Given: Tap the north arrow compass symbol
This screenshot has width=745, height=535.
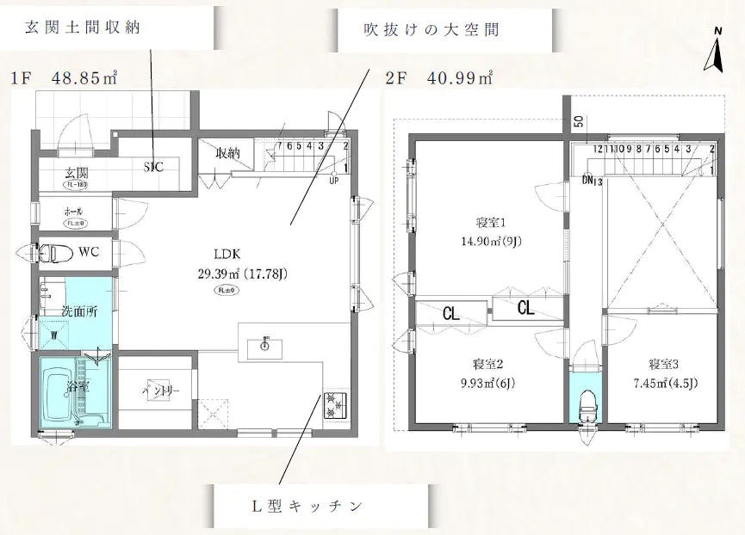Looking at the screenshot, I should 714,53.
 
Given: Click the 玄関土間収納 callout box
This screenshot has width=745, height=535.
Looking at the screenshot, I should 83,27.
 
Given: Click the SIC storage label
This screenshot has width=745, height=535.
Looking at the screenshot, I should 155,167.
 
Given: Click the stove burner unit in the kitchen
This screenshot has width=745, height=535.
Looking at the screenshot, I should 332,404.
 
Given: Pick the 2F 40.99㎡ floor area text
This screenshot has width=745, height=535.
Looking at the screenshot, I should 439,78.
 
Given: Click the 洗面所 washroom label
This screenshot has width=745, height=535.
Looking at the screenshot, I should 78,311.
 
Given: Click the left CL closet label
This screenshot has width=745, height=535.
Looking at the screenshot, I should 450,313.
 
